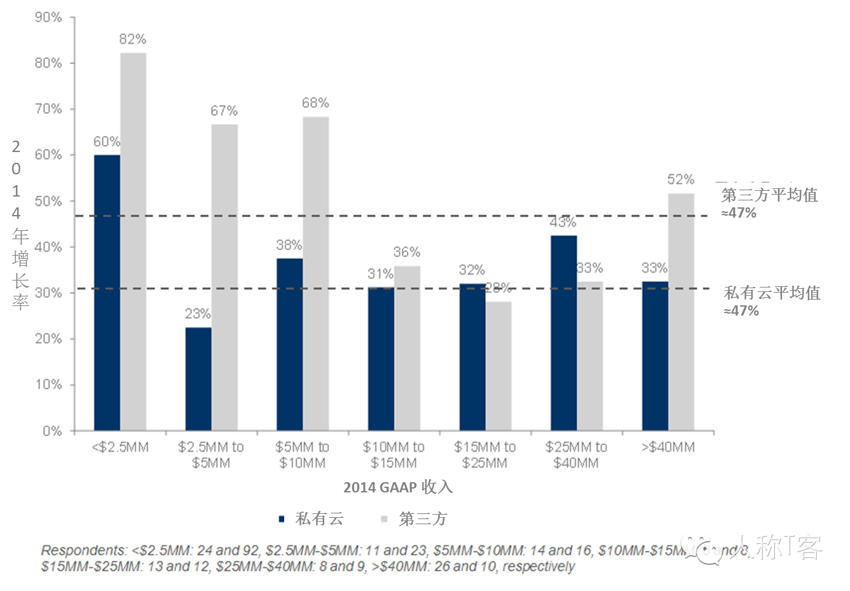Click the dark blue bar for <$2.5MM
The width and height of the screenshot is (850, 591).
click(107, 293)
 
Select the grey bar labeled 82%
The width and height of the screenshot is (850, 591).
click(134, 242)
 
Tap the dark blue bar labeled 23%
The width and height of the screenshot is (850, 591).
click(198, 379)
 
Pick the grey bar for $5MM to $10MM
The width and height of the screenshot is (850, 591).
click(316, 274)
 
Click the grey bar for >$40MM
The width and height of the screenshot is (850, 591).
click(681, 312)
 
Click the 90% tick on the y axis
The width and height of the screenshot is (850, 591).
click(48, 17)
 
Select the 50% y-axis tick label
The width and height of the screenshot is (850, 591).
click(48, 201)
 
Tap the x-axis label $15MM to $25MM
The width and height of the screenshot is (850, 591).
click(485, 455)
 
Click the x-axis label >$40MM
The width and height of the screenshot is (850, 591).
click(668, 447)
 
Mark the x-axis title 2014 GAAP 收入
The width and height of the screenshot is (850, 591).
click(398, 487)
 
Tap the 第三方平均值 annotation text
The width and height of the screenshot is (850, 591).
click(769, 195)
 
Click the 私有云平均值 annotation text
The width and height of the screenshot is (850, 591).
click(772, 293)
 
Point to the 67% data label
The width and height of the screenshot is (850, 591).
click(224, 111)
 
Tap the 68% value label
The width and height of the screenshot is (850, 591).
click(315, 103)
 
